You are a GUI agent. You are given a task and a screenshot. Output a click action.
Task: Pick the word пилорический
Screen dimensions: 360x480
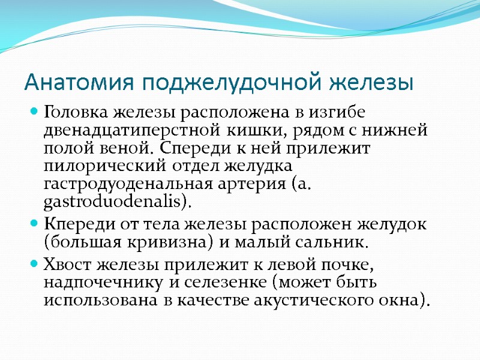click(98, 166)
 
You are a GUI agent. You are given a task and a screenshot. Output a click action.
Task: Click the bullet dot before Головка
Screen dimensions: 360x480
click(34, 112)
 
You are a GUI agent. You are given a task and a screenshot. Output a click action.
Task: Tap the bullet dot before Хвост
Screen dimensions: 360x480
click(34, 264)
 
